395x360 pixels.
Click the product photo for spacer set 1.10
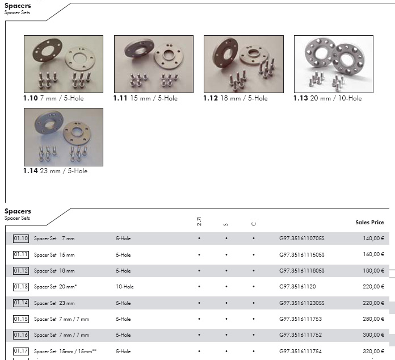pyautogui.click(x=64, y=64)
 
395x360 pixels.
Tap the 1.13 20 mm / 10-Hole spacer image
pyautogui.click(x=334, y=64)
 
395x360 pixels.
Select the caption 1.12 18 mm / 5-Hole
pyautogui.click(x=236, y=98)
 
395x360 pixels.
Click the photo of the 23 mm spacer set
pyautogui.click(x=64, y=137)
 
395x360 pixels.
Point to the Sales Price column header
pyautogui.click(x=369, y=223)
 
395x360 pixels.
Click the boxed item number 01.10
pyautogui.click(x=21, y=238)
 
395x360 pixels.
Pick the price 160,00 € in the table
pyautogui.click(x=373, y=254)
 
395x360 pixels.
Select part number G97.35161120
pyautogui.click(x=297, y=287)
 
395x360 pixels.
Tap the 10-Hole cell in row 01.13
pyautogui.click(x=125, y=287)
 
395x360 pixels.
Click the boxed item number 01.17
pyautogui.click(x=21, y=351)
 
